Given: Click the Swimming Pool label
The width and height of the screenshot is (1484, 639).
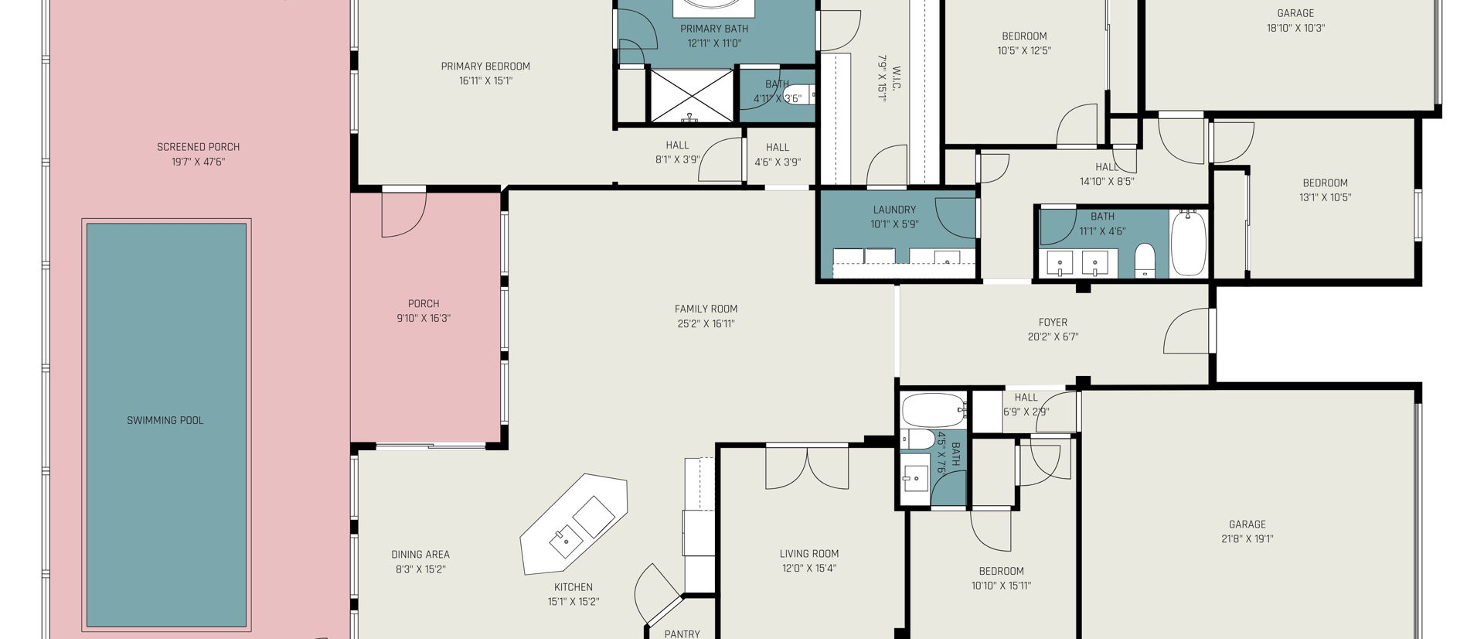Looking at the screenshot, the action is pyautogui.click(x=165, y=421).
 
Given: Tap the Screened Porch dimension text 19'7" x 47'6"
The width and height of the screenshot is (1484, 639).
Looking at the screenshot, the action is pyautogui.click(x=199, y=162).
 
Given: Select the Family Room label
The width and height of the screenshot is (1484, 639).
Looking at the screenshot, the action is pyautogui.click(x=706, y=309).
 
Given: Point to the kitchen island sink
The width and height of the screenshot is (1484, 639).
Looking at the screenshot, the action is pyautogui.click(x=567, y=540).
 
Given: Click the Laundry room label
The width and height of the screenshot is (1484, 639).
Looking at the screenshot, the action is pyautogui.click(x=895, y=210).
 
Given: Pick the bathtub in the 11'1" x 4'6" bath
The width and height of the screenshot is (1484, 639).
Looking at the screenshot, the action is pyautogui.click(x=1189, y=243).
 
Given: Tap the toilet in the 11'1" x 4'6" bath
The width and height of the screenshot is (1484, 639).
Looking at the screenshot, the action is pyautogui.click(x=1145, y=261).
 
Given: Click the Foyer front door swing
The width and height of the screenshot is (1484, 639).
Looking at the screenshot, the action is pyautogui.click(x=1187, y=331).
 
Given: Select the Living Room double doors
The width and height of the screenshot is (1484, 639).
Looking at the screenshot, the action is pyautogui.click(x=807, y=468).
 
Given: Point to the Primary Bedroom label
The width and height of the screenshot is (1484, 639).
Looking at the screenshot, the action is pyautogui.click(x=485, y=67).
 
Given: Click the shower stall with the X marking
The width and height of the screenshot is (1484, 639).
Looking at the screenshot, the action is pyautogui.click(x=691, y=96).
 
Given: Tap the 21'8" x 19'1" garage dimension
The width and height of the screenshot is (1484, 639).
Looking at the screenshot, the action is pyautogui.click(x=1247, y=539).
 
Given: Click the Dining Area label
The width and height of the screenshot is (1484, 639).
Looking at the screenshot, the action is pyautogui.click(x=420, y=555).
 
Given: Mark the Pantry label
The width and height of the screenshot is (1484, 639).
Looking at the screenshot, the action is pyautogui.click(x=682, y=634).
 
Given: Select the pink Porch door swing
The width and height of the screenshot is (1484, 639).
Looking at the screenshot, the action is pyautogui.click(x=403, y=214).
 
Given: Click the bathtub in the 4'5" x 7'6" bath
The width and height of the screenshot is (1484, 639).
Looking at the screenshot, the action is pyautogui.click(x=934, y=410).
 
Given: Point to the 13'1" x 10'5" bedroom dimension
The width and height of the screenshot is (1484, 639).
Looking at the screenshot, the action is pyautogui.click(x=1326, y=198).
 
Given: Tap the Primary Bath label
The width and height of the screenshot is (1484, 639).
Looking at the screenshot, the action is pyautogui.click(x=714, y=29).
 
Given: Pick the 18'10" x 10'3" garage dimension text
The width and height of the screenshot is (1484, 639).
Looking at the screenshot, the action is pyautogui.click(x=1296, y=28).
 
